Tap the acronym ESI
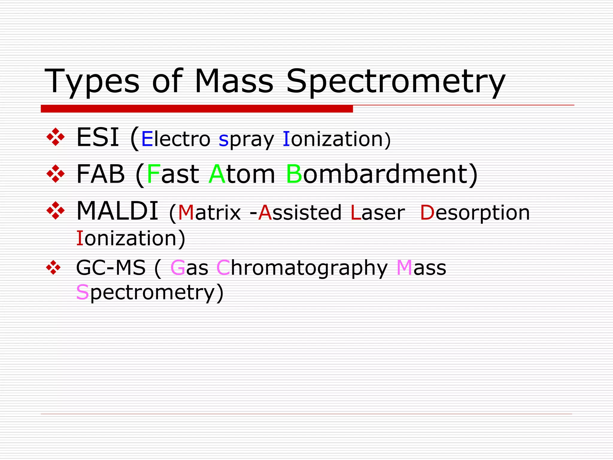(x=98, y=138)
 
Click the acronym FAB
(x=100, y=174)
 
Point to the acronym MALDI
(x=117, y=211)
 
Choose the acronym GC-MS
(x=111, y=267)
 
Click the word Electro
(x=176, y=139)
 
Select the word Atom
(x=242, y=174)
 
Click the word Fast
(x=173, y=174)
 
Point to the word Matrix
(x=209, y=213)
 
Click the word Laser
(x=377, y=213)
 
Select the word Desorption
(x=475, y=213)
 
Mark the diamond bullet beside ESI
(x=56, y=137)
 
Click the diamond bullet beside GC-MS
(x=54, y=267)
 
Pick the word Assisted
(x=300, y=213)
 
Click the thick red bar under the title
(x=197, y=109)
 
